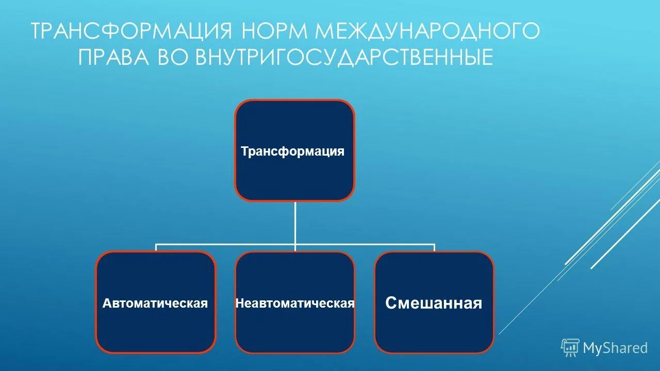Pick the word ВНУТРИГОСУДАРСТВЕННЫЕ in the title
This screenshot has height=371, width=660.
click(x=344, y=57)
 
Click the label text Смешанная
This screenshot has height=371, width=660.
click(x=434, y=303)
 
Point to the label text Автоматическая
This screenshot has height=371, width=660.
click(x=155, y=303)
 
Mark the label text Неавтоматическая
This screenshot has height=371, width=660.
click(x=294, y=303)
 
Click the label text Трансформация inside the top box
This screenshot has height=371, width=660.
click(x=292, y=151)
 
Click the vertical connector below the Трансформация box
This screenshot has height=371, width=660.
click(x=295, y=222)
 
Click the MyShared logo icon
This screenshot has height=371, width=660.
click(x=570, y=348)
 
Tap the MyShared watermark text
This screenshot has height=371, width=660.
click(x=615, y=348)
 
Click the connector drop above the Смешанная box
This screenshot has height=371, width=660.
click(x=434, y=248)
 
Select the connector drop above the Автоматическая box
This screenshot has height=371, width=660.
click(x=156, y=248)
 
